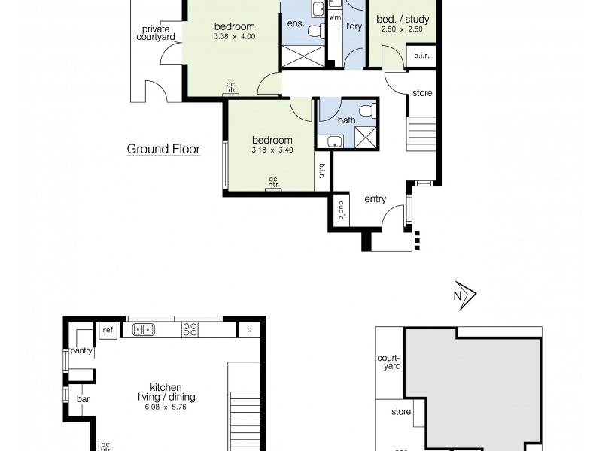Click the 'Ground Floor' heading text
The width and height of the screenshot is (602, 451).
coord(163,149)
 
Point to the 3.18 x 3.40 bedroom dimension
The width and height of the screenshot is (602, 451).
coord(272,150)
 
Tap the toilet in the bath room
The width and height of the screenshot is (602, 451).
coord(366,112)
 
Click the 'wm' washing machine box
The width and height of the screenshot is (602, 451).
coord(335,16)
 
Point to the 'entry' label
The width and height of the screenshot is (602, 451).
coord(375,199)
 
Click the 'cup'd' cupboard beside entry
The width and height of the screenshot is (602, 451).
coord(340,211)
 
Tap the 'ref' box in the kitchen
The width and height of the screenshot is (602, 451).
coord(108,330)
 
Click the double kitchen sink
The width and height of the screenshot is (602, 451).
coord(144,329)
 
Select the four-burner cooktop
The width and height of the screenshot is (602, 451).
coord(190,329)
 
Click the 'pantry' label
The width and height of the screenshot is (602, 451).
coord(81,350)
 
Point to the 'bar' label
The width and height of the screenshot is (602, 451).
coord(83,399)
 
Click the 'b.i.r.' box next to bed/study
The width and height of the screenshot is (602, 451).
coord(418,56)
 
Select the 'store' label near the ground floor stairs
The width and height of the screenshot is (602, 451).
coord(422,93)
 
